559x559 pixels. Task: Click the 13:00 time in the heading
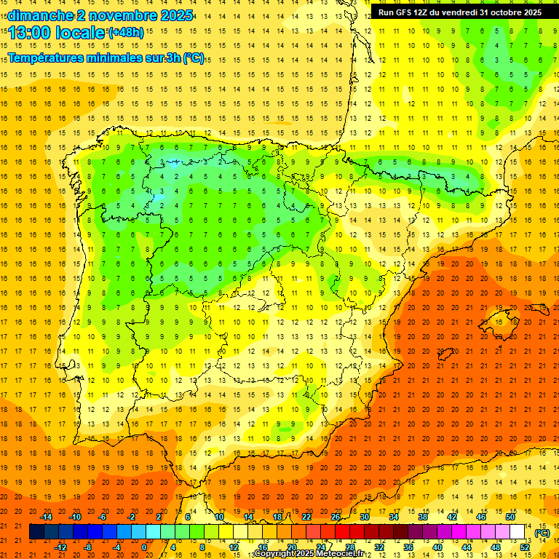click(29, 33)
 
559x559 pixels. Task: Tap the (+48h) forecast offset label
click(126, 33)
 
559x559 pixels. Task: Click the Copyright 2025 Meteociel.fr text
click(309, 554)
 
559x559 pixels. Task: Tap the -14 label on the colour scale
click(46, 517)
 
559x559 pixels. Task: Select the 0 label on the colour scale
click(144, 547)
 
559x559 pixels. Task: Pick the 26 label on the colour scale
click(336, 517)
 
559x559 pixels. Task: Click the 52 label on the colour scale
click(525, 547)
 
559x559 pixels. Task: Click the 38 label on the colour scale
click(423, 517)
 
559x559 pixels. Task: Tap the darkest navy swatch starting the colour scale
click(36, 532)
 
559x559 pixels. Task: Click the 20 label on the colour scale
click(291, 547)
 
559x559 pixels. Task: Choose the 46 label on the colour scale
click(481, 517)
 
